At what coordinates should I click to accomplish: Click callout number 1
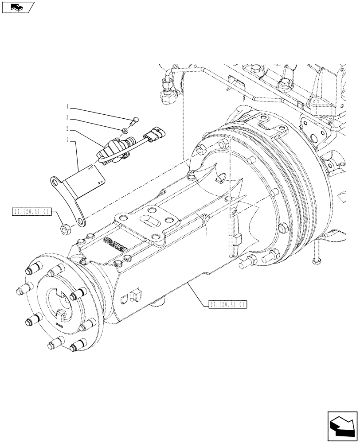[x=67, y=140]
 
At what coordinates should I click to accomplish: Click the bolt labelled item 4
[x=136, y=118]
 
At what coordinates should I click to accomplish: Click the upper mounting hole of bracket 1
[x=55, y=181]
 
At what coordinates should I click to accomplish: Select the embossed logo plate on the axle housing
[x=114, y=243]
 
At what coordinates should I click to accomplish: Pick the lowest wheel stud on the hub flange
[x=56, y=343]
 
